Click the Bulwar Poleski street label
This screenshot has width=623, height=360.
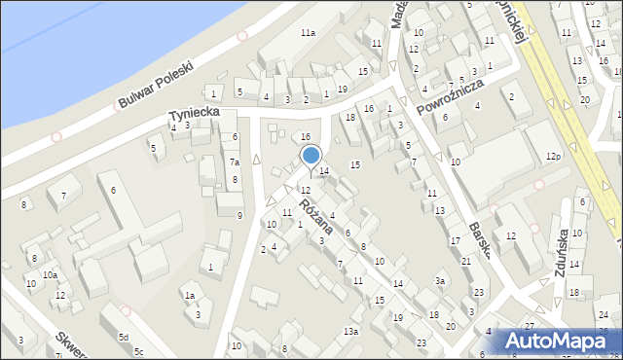click(x=156, y=85)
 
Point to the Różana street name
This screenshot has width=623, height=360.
click(x=316, y=215)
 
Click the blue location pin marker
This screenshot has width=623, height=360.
click(x=311, y=156)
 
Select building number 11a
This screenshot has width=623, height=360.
click(x=308, y=33)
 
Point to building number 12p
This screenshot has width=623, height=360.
click(x=554, y=157)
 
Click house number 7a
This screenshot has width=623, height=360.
click(x=235, y=162)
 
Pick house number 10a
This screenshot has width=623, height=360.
click(x=49, y=276)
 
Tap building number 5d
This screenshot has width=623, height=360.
click(x=124, y=337)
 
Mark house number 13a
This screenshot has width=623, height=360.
click(x=350, y=332)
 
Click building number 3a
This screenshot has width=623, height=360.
click(x=440, y=281)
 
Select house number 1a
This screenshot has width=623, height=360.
click(x=191, y=295)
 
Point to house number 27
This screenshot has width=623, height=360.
click(x=529, y=326)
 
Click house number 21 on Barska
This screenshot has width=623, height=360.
click(x=466, y=261)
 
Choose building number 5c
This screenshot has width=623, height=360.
click(x=139, y=351)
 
